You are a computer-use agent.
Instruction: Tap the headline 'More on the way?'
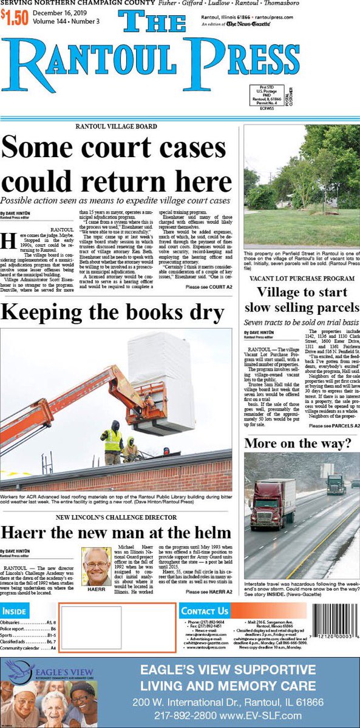click(297, 443)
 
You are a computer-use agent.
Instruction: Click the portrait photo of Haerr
click(97, 567)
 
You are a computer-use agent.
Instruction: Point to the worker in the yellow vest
click(112, 440)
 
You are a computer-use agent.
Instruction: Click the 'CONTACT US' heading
click(205, 611)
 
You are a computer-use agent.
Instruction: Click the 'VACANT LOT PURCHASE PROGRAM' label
click(302, 278)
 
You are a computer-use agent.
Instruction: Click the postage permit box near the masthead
click(262, 95)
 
